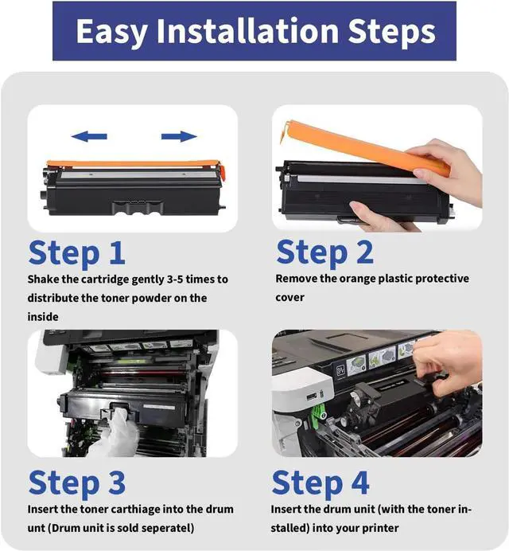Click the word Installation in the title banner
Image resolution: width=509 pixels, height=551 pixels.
click(247, 31)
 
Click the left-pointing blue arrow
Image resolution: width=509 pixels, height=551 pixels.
click(89, 136)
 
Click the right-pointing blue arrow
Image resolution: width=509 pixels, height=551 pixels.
click(179, 136)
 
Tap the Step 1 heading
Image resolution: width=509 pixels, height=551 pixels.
click(77, 252)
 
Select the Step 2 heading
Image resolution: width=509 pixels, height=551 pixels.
click(324, 252)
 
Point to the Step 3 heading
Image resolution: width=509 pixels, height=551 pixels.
click(77, 483)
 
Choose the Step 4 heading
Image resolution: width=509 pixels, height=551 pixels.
click(321, 483)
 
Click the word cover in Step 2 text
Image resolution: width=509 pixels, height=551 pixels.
click(289, 298)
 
